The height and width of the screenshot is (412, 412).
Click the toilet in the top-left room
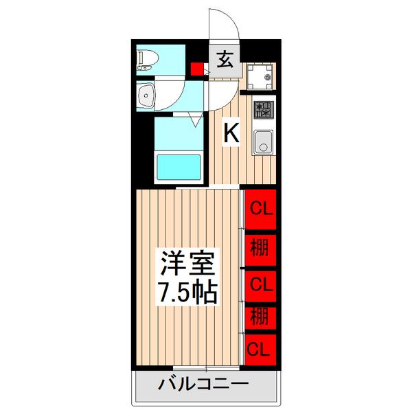tap(147, 60)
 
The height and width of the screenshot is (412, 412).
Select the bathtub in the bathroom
tap(179, 166)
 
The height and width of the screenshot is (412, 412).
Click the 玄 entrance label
tap(225, 60)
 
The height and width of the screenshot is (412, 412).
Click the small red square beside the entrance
tap(198, 69)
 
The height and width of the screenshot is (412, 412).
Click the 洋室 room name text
tap(189, 263)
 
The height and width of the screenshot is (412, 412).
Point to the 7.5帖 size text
tap(189, 293)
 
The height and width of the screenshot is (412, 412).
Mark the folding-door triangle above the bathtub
tap(196, 119)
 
